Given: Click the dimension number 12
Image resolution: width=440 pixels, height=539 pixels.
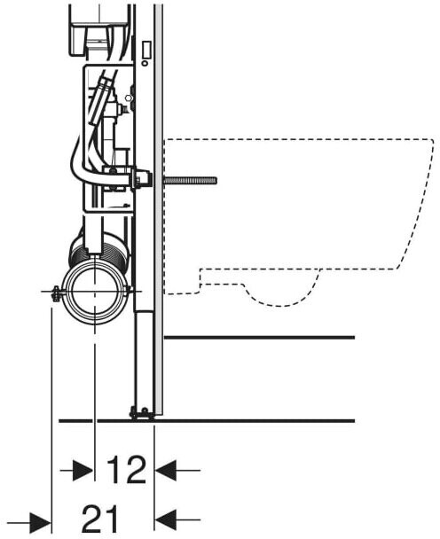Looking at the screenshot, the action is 126,470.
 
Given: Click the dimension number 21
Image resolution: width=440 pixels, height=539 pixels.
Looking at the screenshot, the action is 100,519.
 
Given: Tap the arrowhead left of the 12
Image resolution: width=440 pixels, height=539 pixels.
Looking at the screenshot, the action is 82,470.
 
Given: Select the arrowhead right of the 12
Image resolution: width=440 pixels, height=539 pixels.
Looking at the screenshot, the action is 166,470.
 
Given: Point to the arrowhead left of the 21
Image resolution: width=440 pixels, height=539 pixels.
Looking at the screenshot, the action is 40,524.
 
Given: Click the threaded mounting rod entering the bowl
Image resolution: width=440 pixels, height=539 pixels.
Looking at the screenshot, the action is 190,181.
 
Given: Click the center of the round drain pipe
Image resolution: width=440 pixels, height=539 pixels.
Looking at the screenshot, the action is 94,291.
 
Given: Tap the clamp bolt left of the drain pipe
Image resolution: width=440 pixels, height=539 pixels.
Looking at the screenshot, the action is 55,293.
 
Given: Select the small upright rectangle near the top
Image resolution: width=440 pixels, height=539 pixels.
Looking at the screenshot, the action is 146,49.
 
